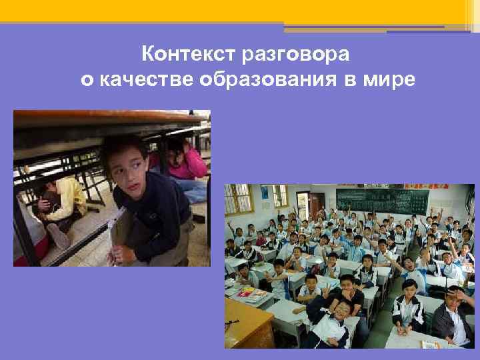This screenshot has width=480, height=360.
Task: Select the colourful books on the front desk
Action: click(247, 291)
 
